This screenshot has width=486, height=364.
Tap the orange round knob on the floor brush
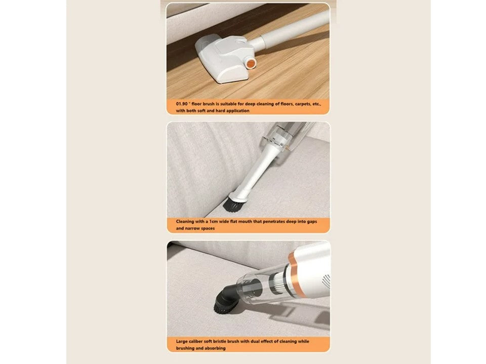click(251, 63)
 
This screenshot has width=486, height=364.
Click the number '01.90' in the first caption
click(182, 104)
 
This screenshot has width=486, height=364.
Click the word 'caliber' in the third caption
click(195, 341)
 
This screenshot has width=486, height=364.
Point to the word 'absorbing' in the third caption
click(215, 348)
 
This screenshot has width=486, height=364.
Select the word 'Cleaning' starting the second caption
click(185, 221)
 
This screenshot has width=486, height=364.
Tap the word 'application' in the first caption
click(238, 111)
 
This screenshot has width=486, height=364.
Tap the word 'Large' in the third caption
click(182, 341)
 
